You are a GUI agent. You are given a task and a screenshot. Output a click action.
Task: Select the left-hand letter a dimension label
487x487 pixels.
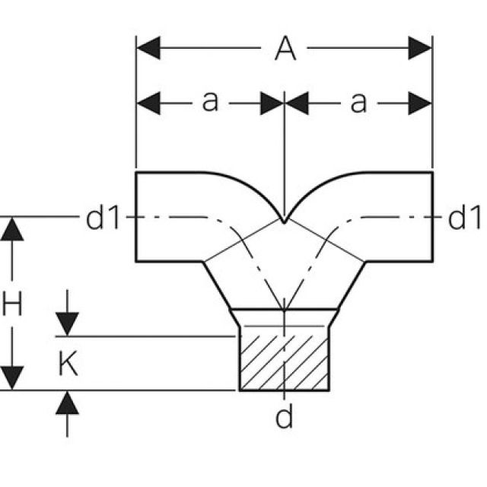[x=209, y=102]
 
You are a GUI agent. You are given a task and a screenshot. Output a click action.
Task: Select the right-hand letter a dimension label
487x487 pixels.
[x=358, y=102]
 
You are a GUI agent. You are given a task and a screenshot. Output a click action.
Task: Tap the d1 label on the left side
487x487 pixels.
[x=103, y=218]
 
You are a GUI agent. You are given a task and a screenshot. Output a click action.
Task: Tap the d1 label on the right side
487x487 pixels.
[x=464, y=218]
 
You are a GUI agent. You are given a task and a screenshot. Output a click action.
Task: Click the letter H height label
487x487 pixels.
[x=12, y=306]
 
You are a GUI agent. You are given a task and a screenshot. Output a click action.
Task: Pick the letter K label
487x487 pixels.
[x=67, y=364]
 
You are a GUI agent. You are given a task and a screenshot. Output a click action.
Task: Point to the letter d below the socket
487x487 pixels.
[x=284, y=417]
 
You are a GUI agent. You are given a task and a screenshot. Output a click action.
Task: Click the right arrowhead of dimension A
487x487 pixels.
[x=420, y=49]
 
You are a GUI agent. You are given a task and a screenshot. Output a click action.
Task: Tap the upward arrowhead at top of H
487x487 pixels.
[x=12, y=228]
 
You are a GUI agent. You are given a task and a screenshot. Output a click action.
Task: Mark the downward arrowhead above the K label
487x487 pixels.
[x=67, y=323]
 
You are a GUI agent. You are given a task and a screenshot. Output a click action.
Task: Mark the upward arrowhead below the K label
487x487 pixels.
[x=67, y=403]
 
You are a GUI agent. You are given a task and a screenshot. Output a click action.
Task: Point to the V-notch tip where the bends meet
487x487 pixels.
[x=284, y=221]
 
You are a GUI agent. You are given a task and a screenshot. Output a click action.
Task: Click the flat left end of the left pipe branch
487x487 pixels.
[x=136, y=218]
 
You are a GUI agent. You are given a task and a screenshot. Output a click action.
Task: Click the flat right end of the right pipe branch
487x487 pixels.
[x=432, y=218]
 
